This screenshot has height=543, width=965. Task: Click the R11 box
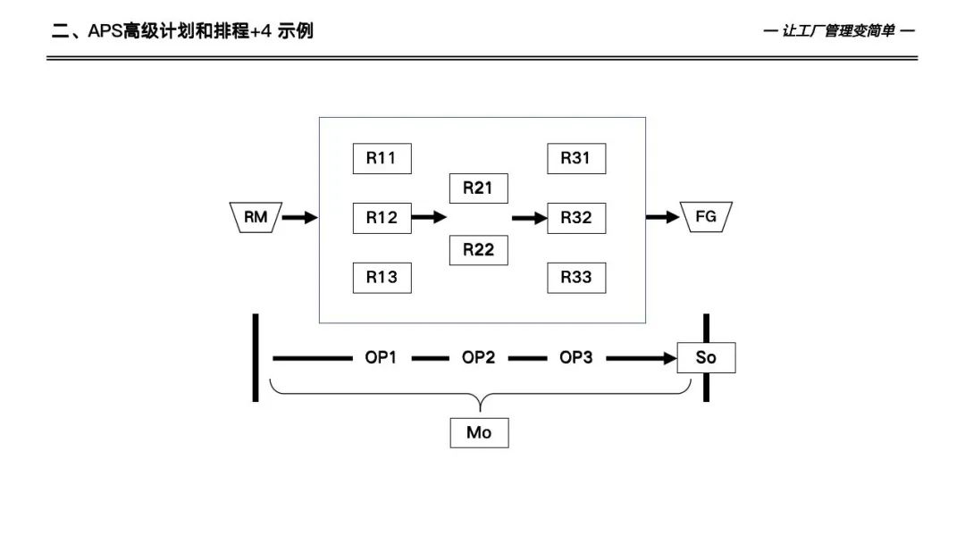[x=382, y=159]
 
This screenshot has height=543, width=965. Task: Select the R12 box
[x=382, y=217]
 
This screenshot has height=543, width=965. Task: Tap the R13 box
[x=382, y=277]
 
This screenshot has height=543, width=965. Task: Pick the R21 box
[x=478, y=188]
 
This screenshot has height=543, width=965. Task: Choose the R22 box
[x=478, y=250]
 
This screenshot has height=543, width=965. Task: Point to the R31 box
[x=576, y=159]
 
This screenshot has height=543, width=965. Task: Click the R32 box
[x=576, y=217]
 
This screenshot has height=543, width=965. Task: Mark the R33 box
[x=576, y=277]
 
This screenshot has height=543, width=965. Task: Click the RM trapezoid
[x=256, y=217]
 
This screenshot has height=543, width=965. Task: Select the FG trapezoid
[x=706, y=217]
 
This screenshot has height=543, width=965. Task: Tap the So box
[x=706, y=359]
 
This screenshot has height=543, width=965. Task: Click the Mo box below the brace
[x=479, y=433]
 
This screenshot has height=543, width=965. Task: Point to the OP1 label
[x=380, y=358]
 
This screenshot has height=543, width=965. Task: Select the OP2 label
[x=478, y=358]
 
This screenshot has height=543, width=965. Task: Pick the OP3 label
[x=576, y=358]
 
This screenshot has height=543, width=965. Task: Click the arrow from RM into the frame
[x=300, y=217]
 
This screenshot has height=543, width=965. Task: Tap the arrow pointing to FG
[x=662, y=217]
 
